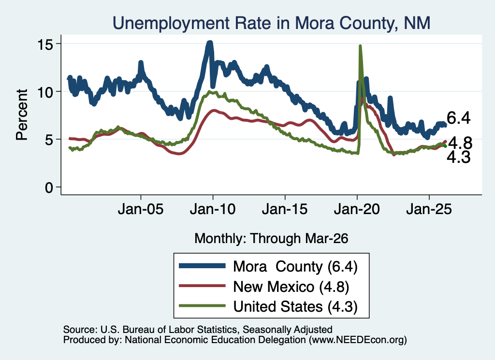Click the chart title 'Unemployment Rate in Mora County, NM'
pyautogui.click(x=271, y=23)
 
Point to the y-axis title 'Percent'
pyautogui.click(x=22, y=115)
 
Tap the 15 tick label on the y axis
pyautogui.click(x=45, y=45)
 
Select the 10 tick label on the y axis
pyautogui.click(x=45, y=93)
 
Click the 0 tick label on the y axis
pyautogui.click(x=49, y=188)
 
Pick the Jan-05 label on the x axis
pyautogui.click(x=141, y=209)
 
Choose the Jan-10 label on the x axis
pyautogui.click(x=213, y=209)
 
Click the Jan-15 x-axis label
pyautogui.click(x=285, y=209)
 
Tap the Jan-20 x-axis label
pyautogui.click(x=357, y=209)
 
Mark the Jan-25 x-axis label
pyautogui.click(x=429, y=209)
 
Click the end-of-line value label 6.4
pyautogui.click(x=459, y=118)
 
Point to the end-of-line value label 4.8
pyautogui.click(x=460, y=143)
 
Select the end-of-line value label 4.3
pyautogui.click(x=459, y=157)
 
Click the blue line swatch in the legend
pyautogui.click(x=202, y=266)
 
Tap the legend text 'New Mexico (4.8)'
pyautogui.click(x=291, y=287)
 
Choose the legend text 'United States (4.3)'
pyautogui.click(x=295, y=307)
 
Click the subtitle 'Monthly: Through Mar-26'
pyautogui.click(x=271, y=239)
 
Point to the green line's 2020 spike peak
pyautogui.click(x=360, y=46)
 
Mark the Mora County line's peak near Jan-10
pyautogui.click(x=210, y=42)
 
